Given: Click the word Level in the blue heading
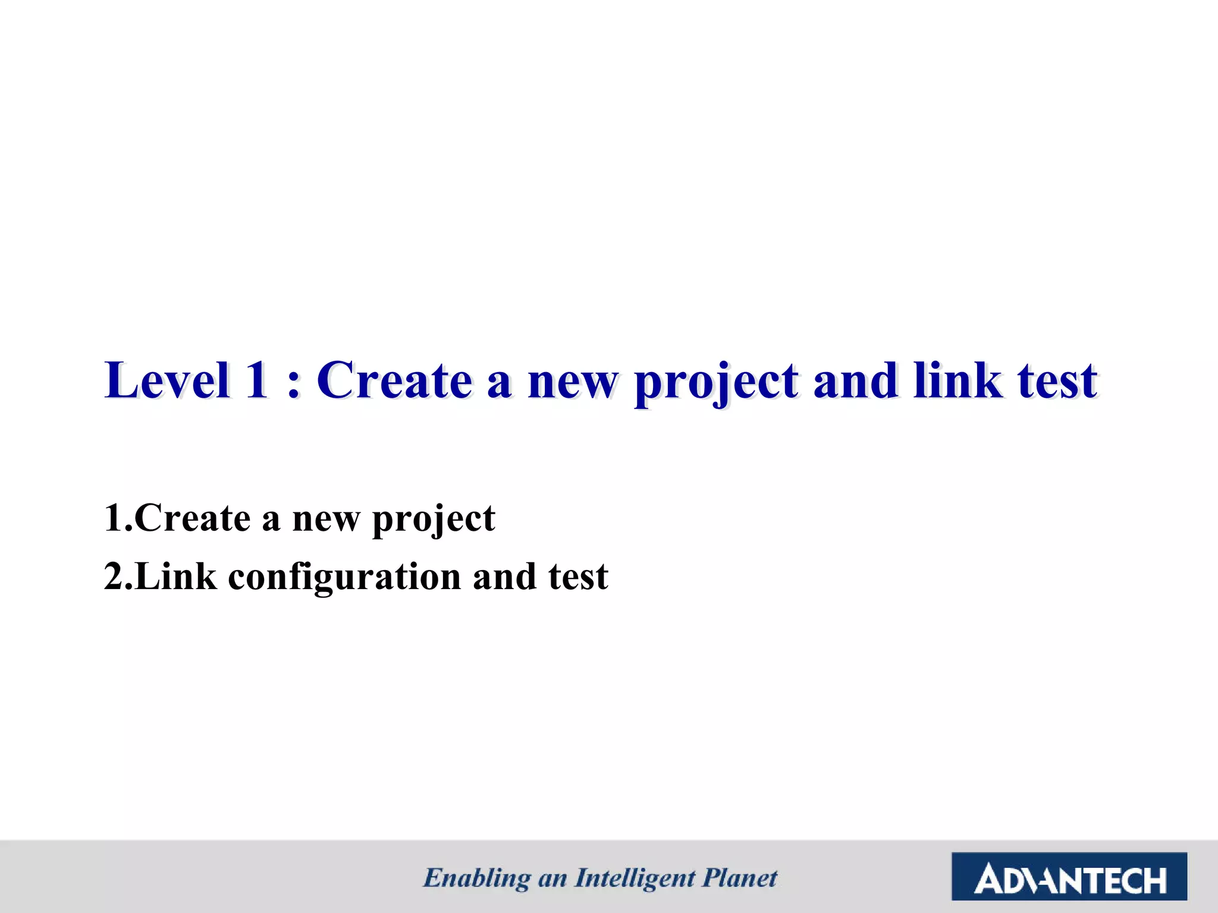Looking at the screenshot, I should (x=167, y=380).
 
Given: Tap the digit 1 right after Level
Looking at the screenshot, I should (x=257, y=380).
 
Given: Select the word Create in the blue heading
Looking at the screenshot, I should (x=394, y=380).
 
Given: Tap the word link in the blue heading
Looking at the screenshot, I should (x=957, y=380).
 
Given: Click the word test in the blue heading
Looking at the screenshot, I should (x=1057, y=382).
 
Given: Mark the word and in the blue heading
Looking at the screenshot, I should (x=855, y=380).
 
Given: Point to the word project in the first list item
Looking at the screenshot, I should (x=433, y=521).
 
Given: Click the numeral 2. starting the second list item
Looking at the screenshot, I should (x=118, y=577).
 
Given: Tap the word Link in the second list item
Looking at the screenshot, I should (x=176, y=577).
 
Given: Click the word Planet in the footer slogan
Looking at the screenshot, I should (x=740, y=878).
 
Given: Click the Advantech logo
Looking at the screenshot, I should (x=1069, y=876).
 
